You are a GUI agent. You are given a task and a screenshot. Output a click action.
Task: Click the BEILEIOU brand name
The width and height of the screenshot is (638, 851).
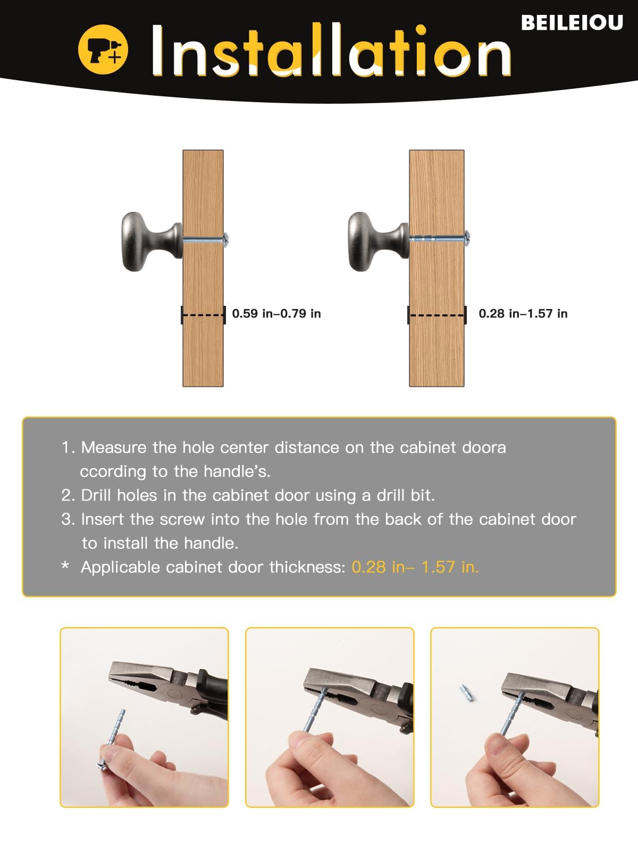pos(572,22)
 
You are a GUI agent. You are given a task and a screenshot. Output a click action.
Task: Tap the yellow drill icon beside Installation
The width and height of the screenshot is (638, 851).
pos(103,49)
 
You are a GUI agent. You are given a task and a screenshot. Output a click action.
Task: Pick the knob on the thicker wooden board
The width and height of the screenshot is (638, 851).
pos(379,241)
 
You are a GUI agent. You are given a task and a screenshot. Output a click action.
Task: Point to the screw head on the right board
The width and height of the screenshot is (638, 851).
pos(467,238)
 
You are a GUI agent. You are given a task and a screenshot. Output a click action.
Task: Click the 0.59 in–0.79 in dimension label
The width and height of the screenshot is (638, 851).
pos(276,314)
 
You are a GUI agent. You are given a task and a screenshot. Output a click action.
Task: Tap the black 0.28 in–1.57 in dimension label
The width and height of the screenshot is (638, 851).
pos(523,314)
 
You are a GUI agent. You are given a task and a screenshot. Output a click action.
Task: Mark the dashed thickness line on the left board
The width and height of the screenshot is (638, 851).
pos(204,315)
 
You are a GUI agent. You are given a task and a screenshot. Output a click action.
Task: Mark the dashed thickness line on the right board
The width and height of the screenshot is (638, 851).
pos(437,315)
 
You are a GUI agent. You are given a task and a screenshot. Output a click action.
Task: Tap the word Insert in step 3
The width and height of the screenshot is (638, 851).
pos(102,520)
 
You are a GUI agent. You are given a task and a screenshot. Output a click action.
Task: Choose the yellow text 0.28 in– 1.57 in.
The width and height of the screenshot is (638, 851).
pos(415,567)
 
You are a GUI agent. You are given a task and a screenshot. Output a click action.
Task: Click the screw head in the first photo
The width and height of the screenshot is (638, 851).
pos(102,765)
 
